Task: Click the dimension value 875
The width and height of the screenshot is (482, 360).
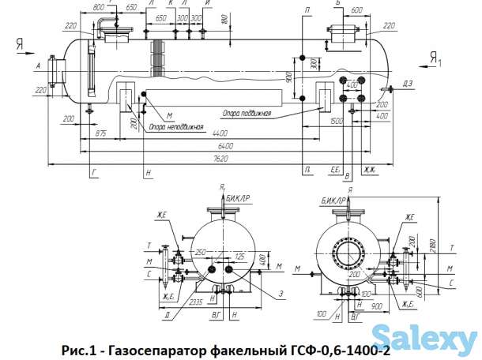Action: pos(100,135)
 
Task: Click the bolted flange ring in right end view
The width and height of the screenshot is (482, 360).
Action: pos(347,253)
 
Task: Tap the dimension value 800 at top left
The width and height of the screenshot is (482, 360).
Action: pos(99,7)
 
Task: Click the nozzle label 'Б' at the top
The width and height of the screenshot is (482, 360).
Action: pos(337,4)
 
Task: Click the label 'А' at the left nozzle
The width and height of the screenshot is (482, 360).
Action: pos(38,67)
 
